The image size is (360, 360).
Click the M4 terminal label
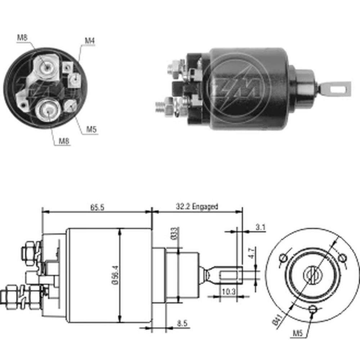pyautogui.click(x=90, y=41)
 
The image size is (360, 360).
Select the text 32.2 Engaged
pyautogui.click(x=197, y=207)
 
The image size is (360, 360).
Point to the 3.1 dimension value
pyautogui.click(x=260, y=227)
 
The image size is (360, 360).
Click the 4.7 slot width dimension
pyautogui.click(x=252, y=251)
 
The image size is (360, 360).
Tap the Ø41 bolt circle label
pyautogui.click(x=277, y=321)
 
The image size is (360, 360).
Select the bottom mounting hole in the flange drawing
pyautogui.click(x=313, y=309)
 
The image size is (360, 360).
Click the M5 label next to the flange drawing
pyautogui.click(x=297, y=334)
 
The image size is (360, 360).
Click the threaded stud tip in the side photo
pyautogui.click(x=159, y=107)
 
